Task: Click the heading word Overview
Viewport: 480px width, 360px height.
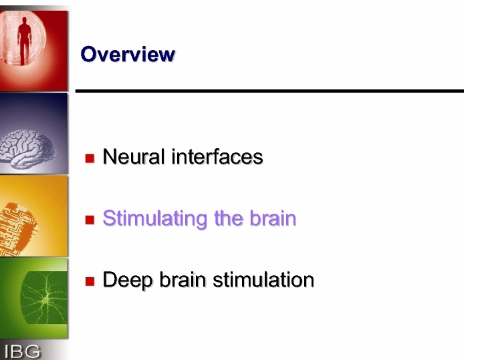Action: pyautogui.click(x=128, y=54)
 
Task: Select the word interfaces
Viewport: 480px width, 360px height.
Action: pyautogui.click(x=217, y=156)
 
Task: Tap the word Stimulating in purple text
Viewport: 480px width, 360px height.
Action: pyautogui.click(x=155, y=219)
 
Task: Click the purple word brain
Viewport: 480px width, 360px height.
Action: pyautogui.click(x=273, y=218)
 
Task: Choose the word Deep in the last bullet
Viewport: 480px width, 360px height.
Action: pyautogui.click(x=127, y=281)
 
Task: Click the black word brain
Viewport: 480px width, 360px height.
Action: pyautogui.click(x=183, y=280)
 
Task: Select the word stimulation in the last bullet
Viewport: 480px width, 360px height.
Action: pyautogui.click(x=263, y=280)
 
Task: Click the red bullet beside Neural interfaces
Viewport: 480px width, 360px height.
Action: pyautogui.click(x=90, y=158)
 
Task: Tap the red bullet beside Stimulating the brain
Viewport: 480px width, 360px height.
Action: pyautogui.click(x=90, y=220)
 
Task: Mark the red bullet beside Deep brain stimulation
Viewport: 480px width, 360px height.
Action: pyautogui.click(x=90, y=281)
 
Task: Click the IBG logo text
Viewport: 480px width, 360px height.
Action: pyautogui.click(x=22, y=351)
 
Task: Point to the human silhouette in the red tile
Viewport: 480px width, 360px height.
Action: pyautogui.click(x=25, y=41)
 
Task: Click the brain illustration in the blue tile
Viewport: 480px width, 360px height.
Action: pyautogui.click(x=27, y=148)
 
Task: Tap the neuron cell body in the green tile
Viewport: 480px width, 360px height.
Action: pyautogui.click(x=45, y=301)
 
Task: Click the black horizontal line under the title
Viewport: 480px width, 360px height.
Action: pyautogui.click(x=269, y=91)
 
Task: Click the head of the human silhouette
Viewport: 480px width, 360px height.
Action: pyautogui.click(x=24, y=21)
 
